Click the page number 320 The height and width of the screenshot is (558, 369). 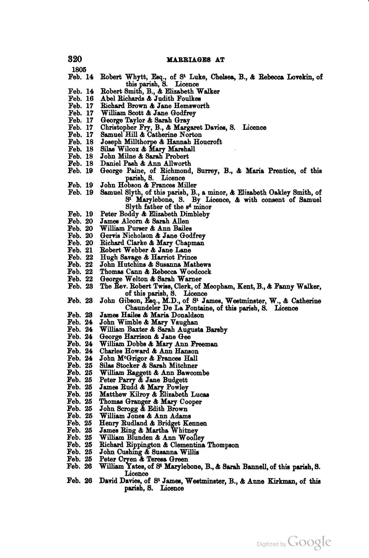(75, 59)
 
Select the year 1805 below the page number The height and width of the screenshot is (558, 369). (79, 69)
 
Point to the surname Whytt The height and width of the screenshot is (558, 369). (136, 77)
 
